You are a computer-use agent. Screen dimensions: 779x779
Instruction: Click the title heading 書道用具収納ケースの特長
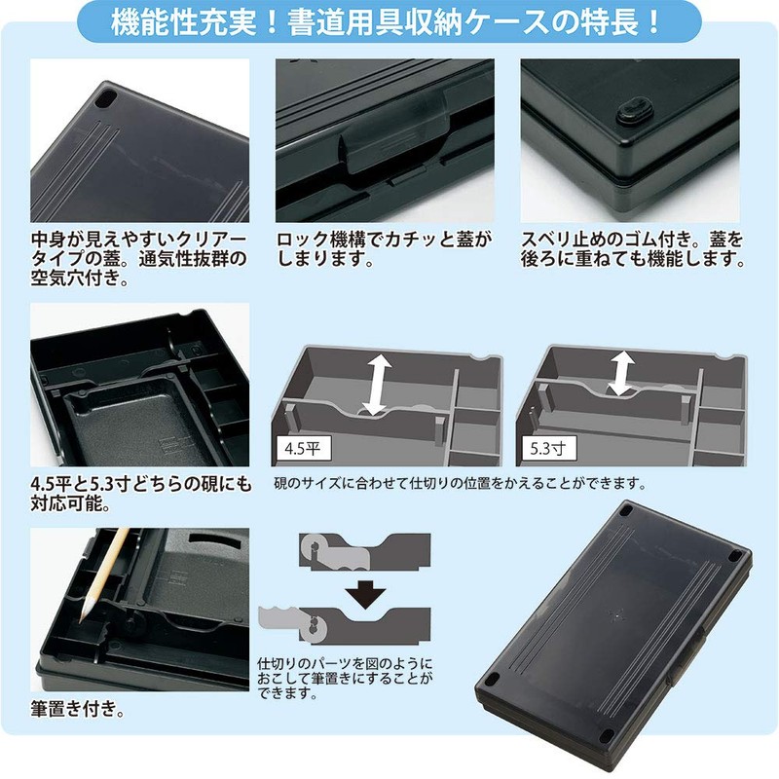click(389, 20)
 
